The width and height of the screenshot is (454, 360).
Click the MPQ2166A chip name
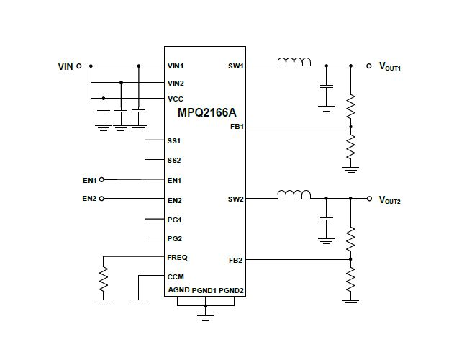206,113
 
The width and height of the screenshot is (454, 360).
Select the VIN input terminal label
65,66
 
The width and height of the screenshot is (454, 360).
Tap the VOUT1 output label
390,66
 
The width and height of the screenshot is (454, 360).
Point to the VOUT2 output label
390,199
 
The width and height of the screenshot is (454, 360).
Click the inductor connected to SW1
294,63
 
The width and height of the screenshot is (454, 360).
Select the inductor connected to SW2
294,196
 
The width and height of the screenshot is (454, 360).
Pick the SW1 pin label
235,66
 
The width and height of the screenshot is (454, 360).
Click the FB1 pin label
236,127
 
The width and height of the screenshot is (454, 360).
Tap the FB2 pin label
236,260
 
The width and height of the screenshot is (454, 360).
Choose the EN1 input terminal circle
101,179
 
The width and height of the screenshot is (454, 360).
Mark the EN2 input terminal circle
101,198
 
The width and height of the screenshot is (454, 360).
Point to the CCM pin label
175,276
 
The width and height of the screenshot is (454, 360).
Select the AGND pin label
178,290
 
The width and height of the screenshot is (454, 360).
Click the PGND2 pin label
232,290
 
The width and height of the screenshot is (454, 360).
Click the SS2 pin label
174,160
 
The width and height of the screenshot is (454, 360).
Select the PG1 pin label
174,220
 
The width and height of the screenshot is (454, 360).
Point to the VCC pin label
175,99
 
